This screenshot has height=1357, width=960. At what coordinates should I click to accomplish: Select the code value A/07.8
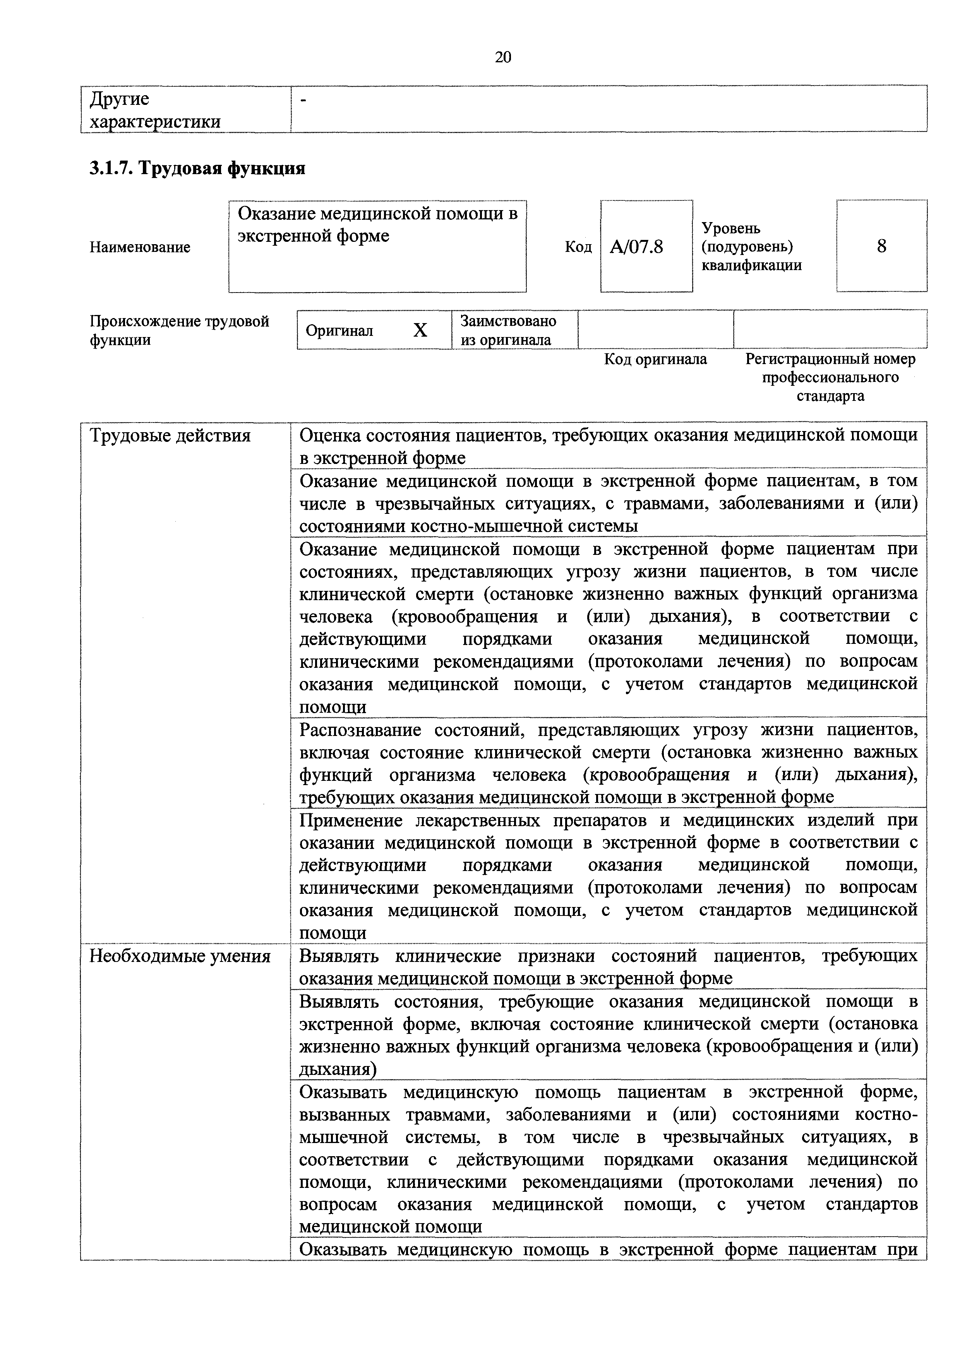[x=637, y=246]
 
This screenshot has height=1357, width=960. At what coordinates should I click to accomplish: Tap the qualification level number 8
[x=881, y=246]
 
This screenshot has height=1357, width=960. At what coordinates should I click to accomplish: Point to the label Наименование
[x=140, y=247]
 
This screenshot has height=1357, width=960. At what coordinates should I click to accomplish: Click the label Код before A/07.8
[x=578, y=247]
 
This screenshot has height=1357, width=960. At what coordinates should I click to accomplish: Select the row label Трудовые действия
[x=170, y=436]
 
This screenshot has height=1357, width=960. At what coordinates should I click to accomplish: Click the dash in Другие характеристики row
[x=304, y=102]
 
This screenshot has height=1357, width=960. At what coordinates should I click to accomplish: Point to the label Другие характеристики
[x=155, y=110]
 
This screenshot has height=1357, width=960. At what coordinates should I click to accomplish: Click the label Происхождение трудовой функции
[x=179, y=330]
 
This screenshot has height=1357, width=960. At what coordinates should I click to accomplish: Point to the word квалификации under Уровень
[x=751, y=265]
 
